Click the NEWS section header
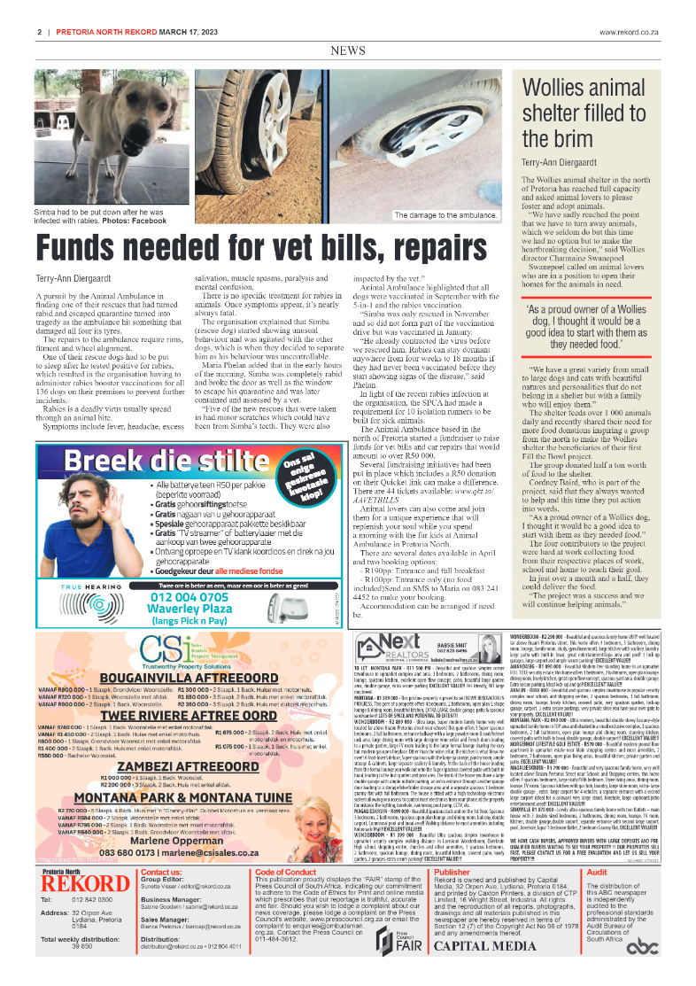[x=348, y=51]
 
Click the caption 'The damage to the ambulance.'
[x=445, y=215]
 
